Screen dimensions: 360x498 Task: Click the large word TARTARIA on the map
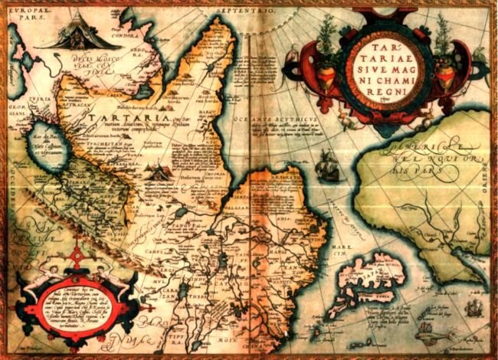[115, 118]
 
